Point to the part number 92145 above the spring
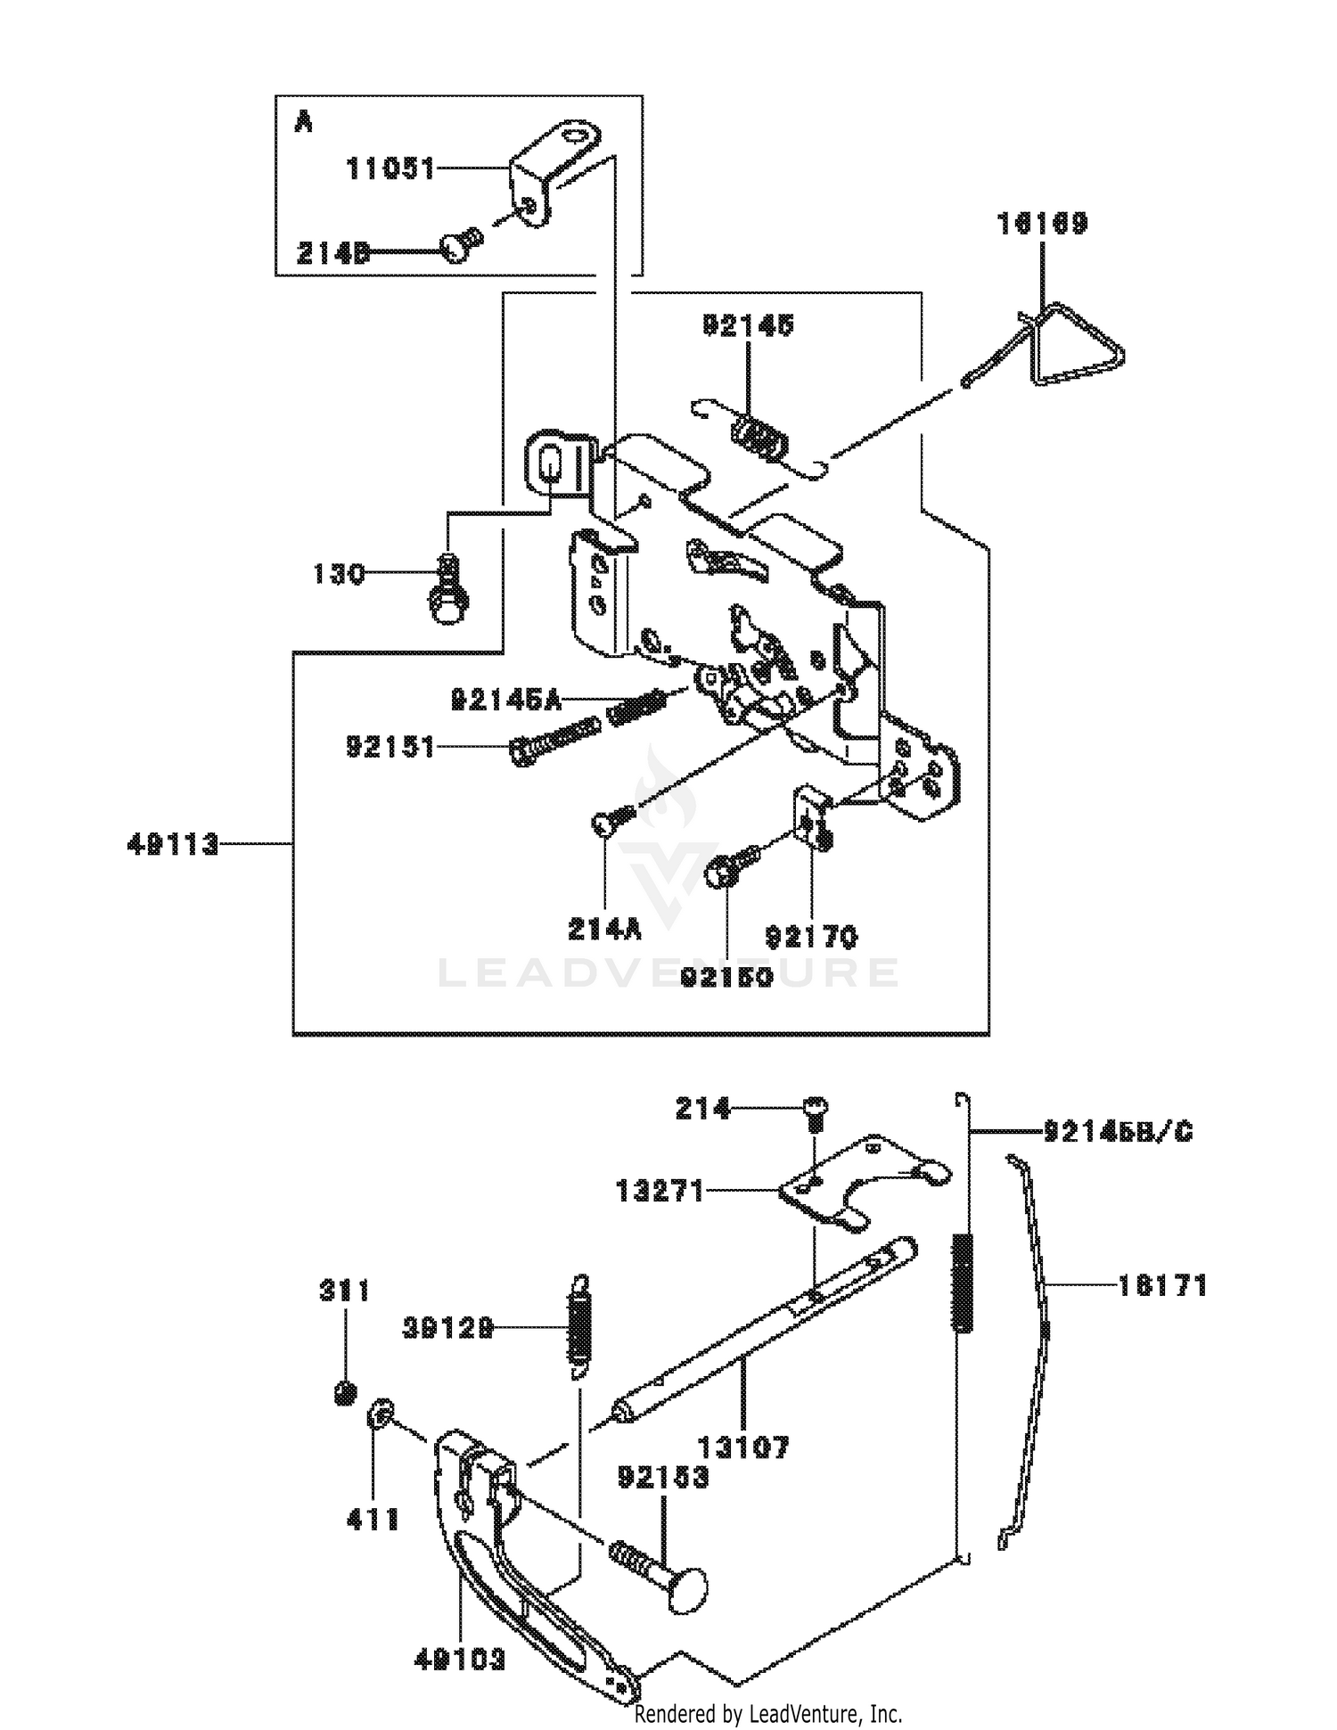748,326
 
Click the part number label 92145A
506,701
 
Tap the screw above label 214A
611,819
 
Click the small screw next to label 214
815,1111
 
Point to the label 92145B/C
1118,1132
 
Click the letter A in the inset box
303,122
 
